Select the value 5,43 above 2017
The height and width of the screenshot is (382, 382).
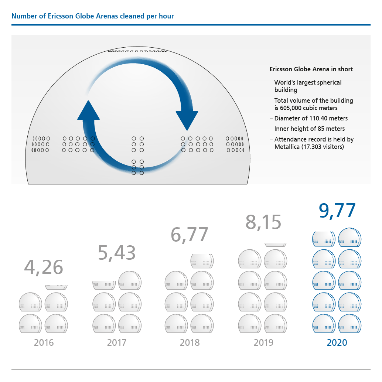pos(117,253)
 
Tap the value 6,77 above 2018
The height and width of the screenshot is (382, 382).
pos(190,234)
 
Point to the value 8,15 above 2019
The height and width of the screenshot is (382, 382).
pos(263,222)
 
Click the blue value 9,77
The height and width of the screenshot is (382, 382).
pos(337,211)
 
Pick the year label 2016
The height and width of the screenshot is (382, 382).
pos(44,342)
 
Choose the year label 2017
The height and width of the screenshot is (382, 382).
pos(117,342)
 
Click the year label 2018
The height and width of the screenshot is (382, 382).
pos(190,342)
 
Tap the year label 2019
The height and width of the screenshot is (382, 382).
pos(263,342)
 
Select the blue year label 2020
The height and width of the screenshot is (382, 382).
pos(337,342)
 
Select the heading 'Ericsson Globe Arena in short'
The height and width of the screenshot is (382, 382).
pos(311,69)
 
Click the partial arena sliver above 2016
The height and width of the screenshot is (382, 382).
pos(57,287)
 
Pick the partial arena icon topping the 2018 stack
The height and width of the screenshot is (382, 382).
pos(202,261)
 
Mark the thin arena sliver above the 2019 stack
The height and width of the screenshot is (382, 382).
pos(276,245)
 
